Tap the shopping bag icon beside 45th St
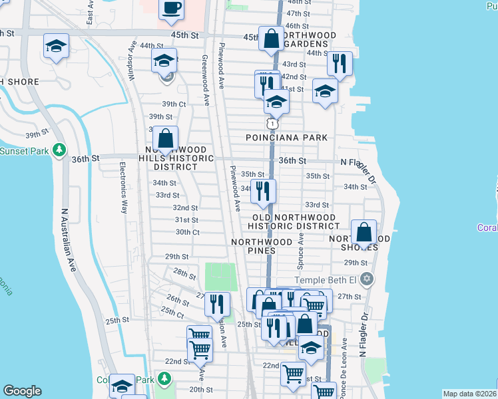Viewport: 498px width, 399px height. [272, 39]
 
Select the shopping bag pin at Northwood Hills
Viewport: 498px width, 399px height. [166, 139]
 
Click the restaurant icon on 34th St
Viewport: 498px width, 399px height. [264, 192]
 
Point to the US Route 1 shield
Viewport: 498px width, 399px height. [272, 124]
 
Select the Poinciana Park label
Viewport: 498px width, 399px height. [286, 138]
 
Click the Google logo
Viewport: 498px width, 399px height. [22, 391]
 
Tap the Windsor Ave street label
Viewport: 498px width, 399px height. [132, 64]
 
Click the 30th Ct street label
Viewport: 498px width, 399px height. [187, 232]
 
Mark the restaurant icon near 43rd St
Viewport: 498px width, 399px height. [340, 63]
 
